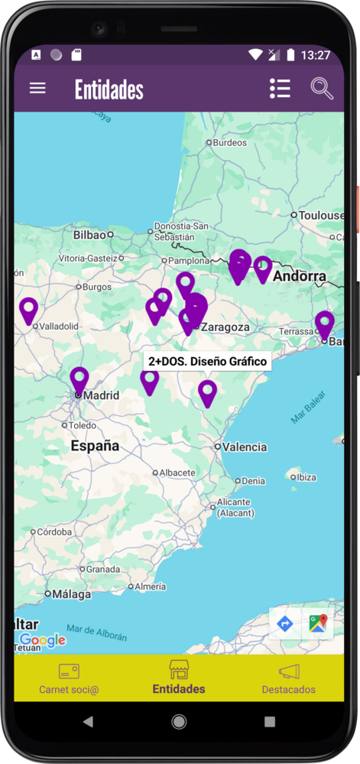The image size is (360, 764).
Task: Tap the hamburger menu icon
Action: pos(37,88)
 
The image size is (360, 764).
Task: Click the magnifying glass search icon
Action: pos(322,89)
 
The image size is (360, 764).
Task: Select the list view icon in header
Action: pos(280,89)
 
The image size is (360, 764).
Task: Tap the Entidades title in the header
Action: pos(109,89)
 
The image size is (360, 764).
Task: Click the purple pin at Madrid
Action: pos(79,379)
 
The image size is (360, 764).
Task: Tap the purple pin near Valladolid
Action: pos(28,310)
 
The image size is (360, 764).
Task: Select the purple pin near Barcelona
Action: pos(325,323)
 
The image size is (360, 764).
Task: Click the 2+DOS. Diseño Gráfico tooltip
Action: pos(207,361)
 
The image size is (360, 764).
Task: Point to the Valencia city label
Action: pos(245,447)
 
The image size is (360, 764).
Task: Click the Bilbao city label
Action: pos(89,235)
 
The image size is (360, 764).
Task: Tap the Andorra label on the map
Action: pos(299,276)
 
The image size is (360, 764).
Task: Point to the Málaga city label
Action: pos(71,593)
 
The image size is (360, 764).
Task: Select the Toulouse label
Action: pos(321,216)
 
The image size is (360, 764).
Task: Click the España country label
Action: pos(95,445)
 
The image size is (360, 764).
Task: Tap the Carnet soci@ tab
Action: pos(69,678)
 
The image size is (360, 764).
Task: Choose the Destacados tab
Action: pos(288,678)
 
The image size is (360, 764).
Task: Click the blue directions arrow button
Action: pos(285,624)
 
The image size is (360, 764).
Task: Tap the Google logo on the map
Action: pos(42,641)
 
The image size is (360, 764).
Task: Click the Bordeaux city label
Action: pos(229,142)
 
